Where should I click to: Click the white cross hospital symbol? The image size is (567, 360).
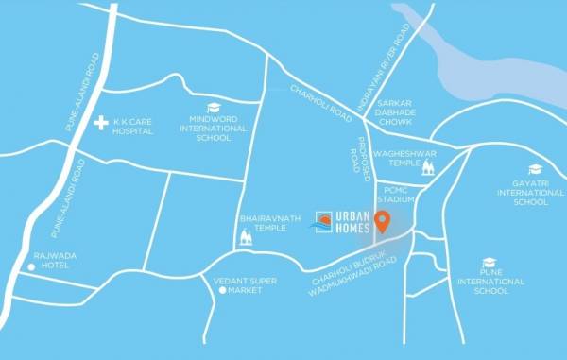(102, 123)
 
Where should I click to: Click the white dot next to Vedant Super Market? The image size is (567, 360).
(223, 291)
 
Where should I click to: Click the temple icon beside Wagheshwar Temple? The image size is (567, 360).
(428, 168)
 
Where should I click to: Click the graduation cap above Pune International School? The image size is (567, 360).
(490, 263)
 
